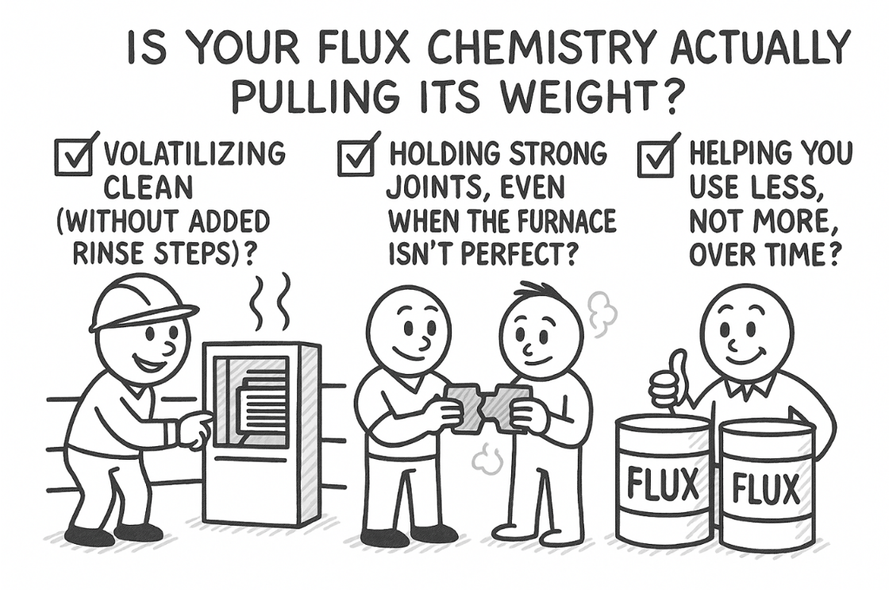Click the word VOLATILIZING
tap(195, 154)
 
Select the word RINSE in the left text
tap(111, 253)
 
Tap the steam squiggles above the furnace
tap(270, 303)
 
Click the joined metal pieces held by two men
tap(490, 407)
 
